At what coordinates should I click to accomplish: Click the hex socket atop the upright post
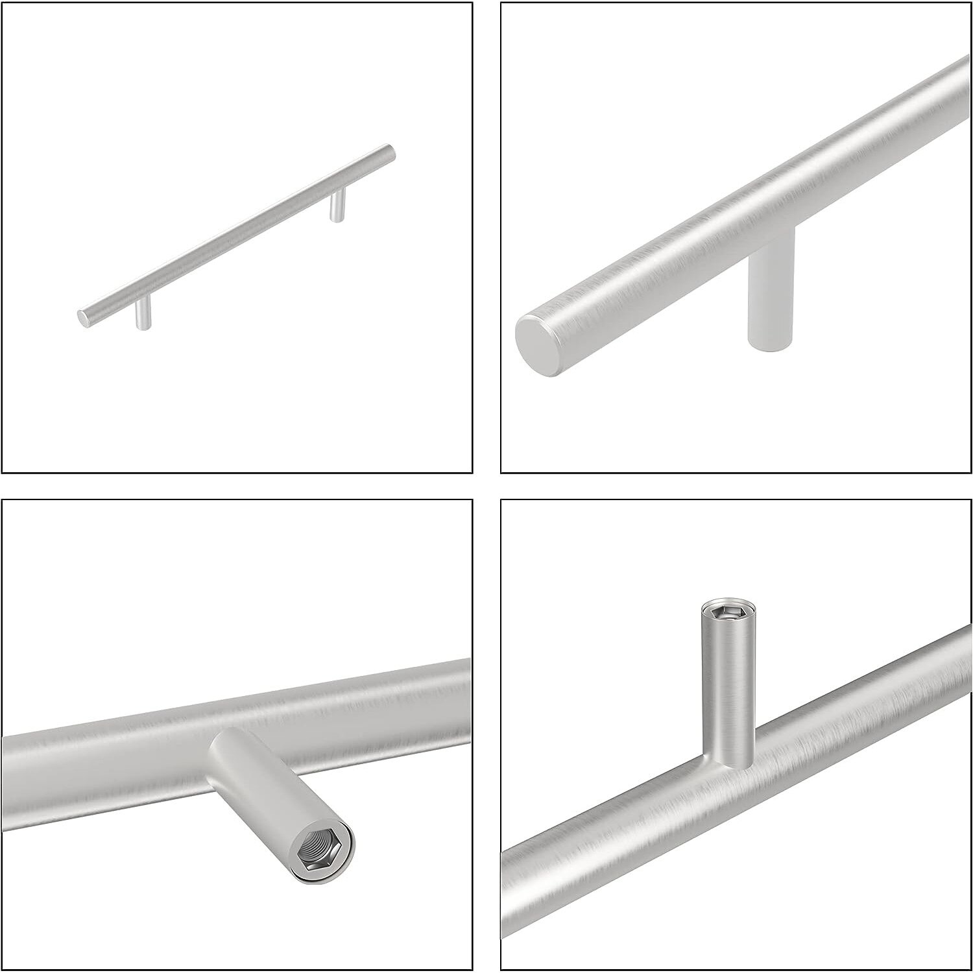[727, 611]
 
